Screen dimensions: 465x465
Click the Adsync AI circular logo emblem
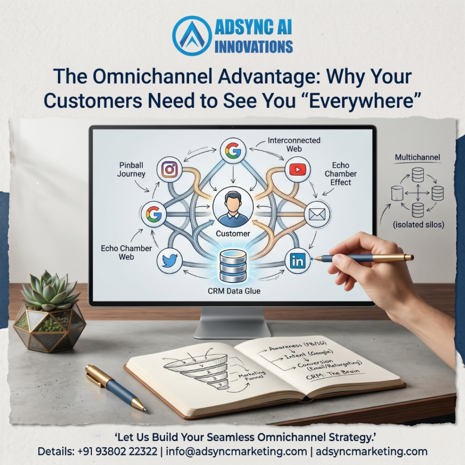coord(192,35)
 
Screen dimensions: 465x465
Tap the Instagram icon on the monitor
coord(169,170)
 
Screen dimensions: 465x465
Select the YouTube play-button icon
coord(297,169)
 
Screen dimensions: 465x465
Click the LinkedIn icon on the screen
coord(297,261)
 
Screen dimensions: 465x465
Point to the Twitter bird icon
coord(170,261)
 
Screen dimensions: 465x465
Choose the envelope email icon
coord(317,214)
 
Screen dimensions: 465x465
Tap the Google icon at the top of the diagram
coord(233,150)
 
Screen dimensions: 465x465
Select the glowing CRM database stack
coord(233,266)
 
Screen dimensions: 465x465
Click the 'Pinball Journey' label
coord(131,169)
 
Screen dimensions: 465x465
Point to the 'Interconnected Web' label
coord(294,144)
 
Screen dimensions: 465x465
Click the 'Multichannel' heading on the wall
coord(417,157)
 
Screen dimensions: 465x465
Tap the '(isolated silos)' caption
coord(418,224)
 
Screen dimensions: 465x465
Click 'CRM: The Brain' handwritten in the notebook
coord(333,375)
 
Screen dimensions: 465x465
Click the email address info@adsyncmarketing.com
coord(236,452)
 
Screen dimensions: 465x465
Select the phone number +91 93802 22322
coord(117,452)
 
